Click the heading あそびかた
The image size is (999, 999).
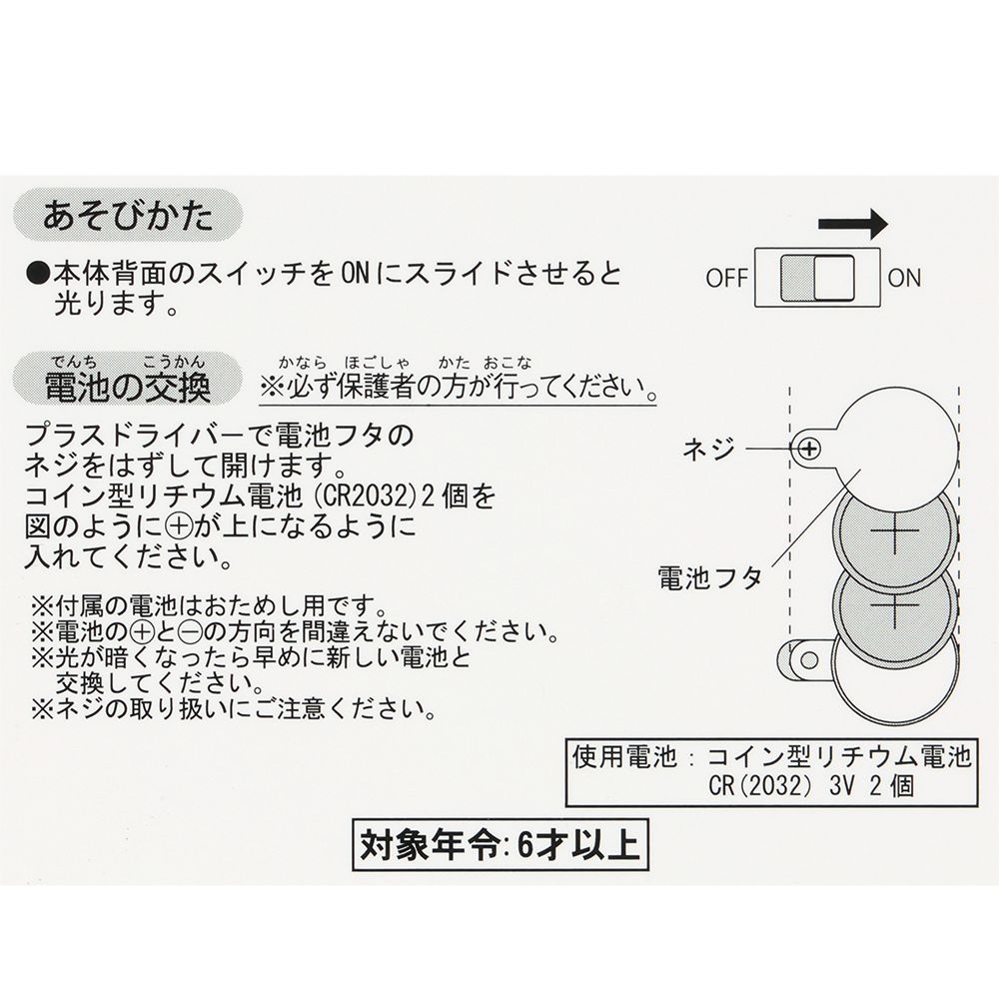pos(128,216)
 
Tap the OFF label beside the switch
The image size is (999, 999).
pos(726,278)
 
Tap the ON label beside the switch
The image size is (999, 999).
pos(904,278)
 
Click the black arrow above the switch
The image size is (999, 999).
pos(850,224)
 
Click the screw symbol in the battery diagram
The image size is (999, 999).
pos(810,450)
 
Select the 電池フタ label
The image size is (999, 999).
pos(710,576)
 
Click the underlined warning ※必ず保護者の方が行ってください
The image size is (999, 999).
pos(458,385)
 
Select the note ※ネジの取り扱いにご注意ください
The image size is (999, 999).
pos(234,711)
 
